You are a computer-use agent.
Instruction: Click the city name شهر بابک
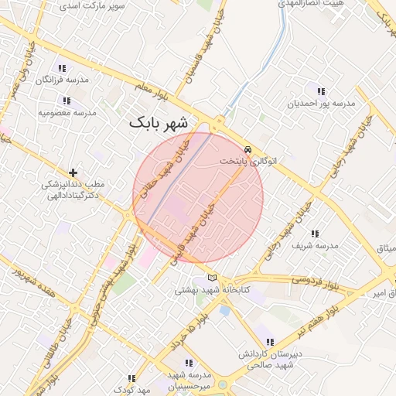tap(159, 123)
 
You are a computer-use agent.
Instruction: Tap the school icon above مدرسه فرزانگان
tap(63, 68)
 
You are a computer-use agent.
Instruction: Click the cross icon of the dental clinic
tap(73, 172)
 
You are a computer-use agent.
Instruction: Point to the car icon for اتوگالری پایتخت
tap(247, 149)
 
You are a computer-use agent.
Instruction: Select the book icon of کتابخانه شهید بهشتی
tap(213, 278)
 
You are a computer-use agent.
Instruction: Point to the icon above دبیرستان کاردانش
tap(269, 342)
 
